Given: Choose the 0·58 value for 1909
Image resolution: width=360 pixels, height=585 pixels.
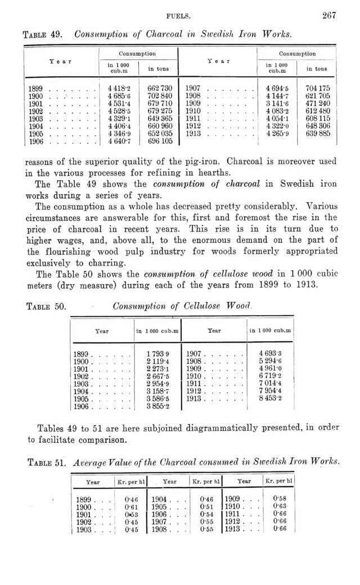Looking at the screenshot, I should click(x=276, y=499).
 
